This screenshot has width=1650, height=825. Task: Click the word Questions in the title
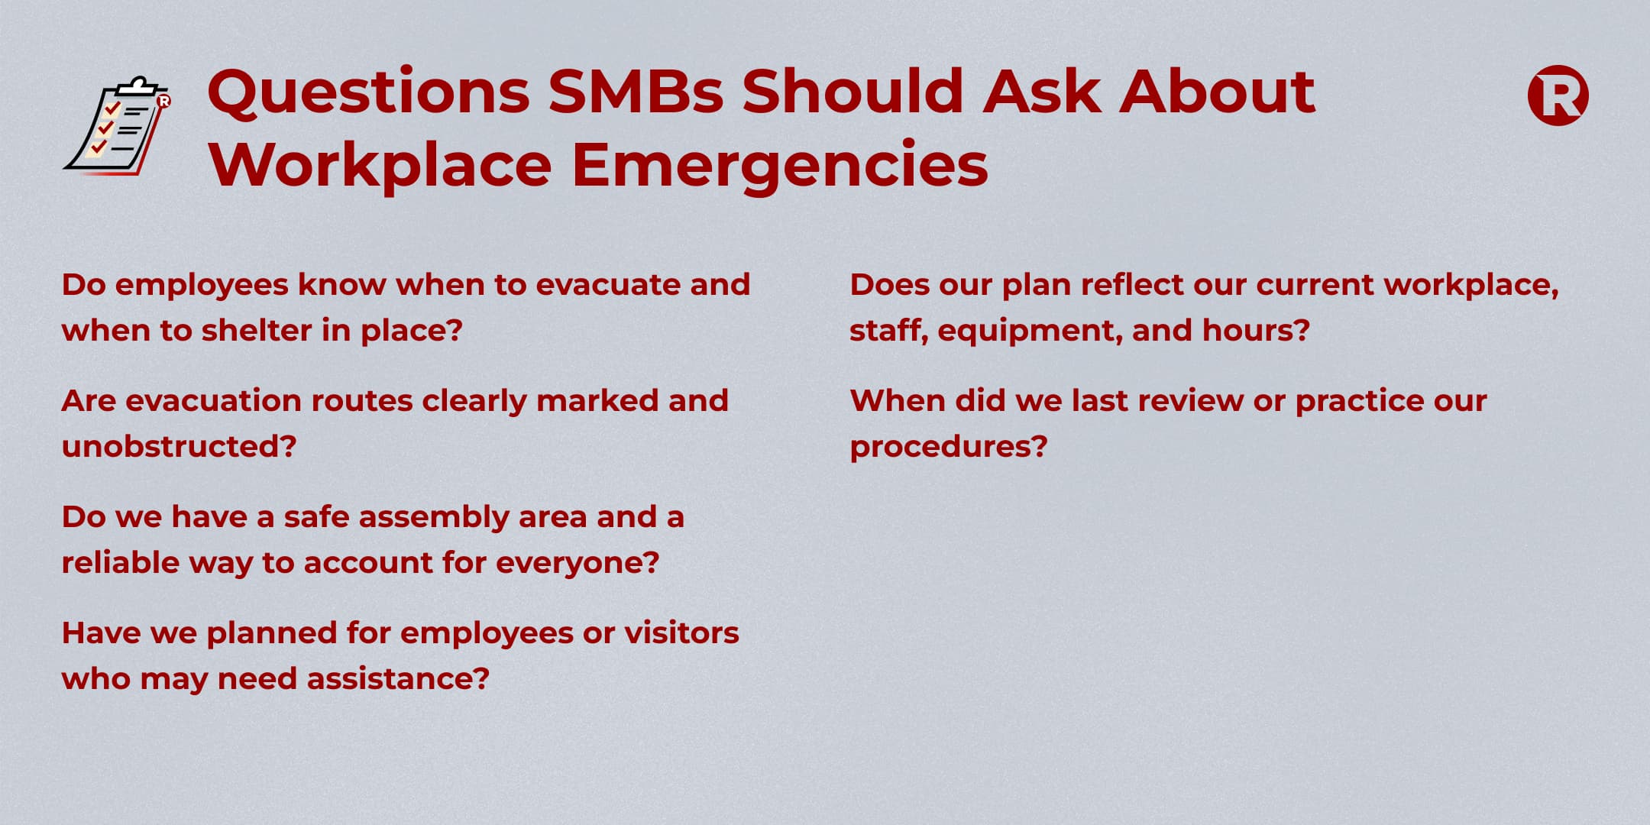tap(368, 92)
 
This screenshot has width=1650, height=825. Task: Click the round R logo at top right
tap(1558, 95)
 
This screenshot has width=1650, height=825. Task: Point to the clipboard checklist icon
tap(118, 126)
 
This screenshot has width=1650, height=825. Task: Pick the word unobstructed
tap(179, 446)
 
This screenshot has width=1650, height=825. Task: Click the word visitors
tap(681, 632)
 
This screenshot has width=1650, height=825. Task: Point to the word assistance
tap(397, 678)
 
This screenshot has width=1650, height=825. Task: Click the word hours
tap(1256, 330)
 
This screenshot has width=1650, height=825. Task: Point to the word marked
tap(597, 400)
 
